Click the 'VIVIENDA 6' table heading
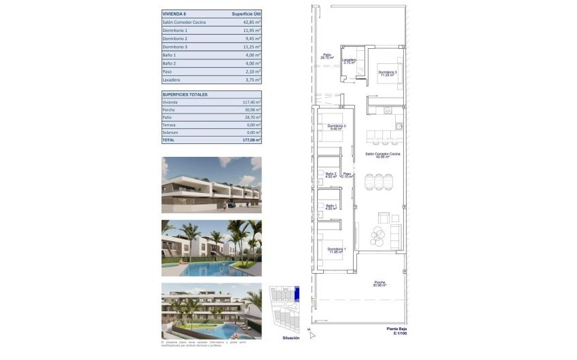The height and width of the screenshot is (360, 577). [173, 13]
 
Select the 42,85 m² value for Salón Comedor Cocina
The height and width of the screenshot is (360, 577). [253, 22]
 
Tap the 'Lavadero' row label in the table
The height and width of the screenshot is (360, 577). [172, 79]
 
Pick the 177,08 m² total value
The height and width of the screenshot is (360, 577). [251, 140]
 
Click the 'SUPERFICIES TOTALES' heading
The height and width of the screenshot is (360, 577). [185, 94]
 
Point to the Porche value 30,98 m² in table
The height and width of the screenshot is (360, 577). [253, 110]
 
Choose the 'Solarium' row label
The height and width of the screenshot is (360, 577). [170, 132]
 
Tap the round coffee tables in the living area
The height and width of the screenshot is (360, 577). [378, 235]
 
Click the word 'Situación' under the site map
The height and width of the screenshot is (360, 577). [291, 337]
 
